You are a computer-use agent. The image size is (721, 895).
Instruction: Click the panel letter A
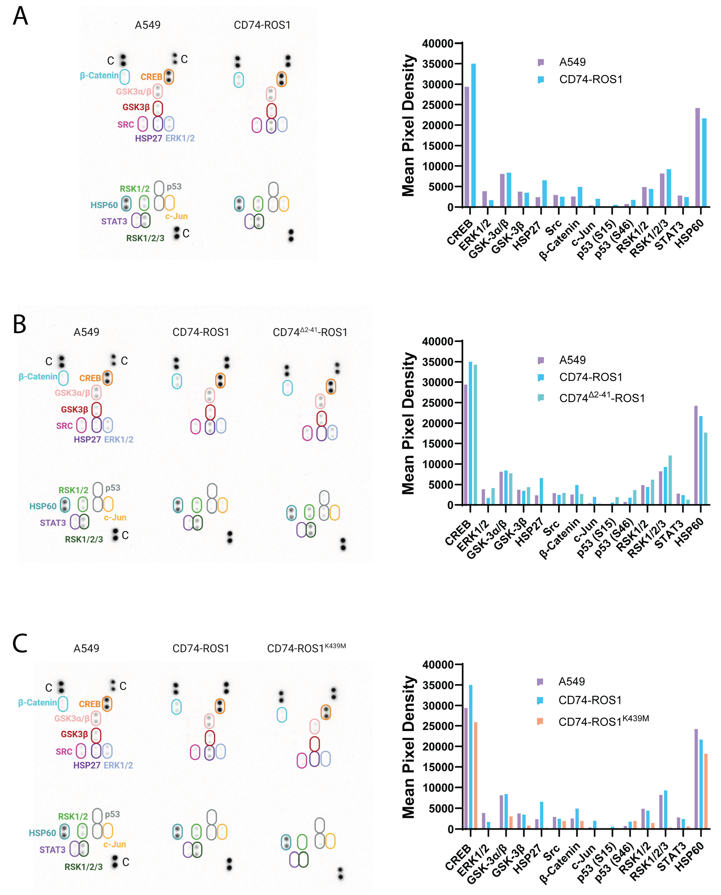[20, 17]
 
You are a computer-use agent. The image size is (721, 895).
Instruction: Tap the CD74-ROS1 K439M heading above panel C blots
[306, 649]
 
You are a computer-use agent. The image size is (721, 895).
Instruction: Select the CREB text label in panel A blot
[151, 77]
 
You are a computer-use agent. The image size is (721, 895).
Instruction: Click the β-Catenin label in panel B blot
[38, 377]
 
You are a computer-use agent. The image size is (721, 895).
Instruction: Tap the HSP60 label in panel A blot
[104, 205]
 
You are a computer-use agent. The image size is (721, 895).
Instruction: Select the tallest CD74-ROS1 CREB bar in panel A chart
[473, 135]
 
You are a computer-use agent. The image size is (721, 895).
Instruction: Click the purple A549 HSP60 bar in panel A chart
[697, 158]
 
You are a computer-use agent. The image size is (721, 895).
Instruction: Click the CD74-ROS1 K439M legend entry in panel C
[603, 722]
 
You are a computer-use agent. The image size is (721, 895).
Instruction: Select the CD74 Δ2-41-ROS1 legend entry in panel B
[601, 398]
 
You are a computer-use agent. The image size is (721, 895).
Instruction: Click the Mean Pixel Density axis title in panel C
[408, 747]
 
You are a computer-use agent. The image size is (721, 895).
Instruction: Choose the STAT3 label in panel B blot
[53, 523]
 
